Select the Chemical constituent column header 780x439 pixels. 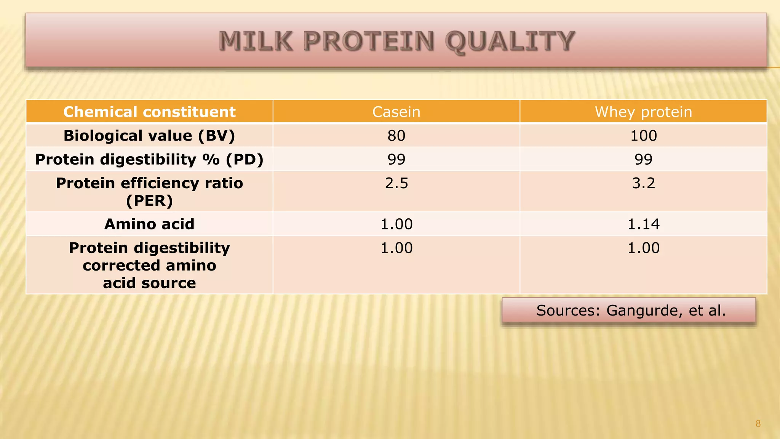(x=149, y=112)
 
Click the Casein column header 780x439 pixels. (x=396, y=112)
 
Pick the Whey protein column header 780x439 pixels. (x=643, y=112)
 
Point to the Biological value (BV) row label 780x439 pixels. (x=149, y=136)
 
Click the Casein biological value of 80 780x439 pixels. (x=396, y=136)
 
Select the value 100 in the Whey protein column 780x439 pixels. (x=643, y=136)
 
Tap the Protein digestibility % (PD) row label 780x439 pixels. (x=149, y=159)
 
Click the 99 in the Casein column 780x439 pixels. (x=396, y=159)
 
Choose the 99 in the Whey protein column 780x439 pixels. (x=643, y=159)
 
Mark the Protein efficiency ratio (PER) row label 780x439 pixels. (x=149, y=191)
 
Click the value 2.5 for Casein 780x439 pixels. (x=396, y=183)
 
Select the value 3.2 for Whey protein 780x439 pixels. (x=643, y=183)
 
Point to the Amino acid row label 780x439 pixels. (x=149, y=224)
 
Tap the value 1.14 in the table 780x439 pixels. (x=643, y=224)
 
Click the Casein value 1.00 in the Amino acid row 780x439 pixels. (x=396, y=224)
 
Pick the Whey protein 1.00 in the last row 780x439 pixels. (x=643, y=248)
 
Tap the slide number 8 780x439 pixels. (x=758, y=424)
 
